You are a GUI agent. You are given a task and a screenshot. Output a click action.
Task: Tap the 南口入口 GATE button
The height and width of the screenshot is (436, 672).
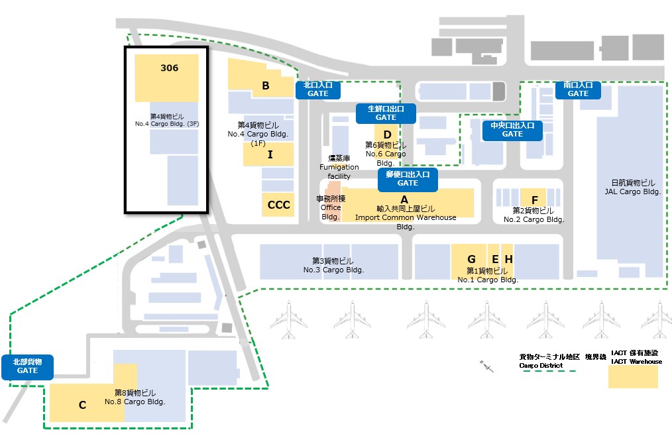point(578,89)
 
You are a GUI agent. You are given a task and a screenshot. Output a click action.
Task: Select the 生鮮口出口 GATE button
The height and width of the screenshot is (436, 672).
point(386,113)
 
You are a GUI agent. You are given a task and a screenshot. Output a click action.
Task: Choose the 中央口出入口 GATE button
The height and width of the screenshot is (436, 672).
point(512,130)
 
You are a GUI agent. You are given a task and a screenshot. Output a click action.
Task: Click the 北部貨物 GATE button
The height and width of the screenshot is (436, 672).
point(27,366)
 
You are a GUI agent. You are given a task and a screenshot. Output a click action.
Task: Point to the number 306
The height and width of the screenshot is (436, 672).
point(169,68)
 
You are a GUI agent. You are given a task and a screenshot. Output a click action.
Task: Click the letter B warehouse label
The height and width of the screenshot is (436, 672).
point(266,85)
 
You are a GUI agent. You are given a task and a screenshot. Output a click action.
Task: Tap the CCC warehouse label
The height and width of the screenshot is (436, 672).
point(279,205)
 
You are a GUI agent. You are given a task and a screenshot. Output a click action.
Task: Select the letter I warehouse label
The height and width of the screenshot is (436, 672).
point(270,154)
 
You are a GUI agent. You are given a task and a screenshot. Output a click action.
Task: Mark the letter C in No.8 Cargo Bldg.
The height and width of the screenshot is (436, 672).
point(82,406)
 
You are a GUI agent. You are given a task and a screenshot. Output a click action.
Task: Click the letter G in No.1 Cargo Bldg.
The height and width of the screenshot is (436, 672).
point(471,259)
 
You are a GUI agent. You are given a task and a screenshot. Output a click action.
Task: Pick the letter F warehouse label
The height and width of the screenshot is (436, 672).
point(534,199)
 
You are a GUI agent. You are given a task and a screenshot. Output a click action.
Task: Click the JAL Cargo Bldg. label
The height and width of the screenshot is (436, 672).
point(633,188)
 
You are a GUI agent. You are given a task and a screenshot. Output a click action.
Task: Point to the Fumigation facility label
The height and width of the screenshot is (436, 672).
point(339,168)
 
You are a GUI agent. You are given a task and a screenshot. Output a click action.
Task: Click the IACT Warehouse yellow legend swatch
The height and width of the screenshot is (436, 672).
point(633,377)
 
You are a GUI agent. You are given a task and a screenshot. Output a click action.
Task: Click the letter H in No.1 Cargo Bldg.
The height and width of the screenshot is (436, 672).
point(508,259)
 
